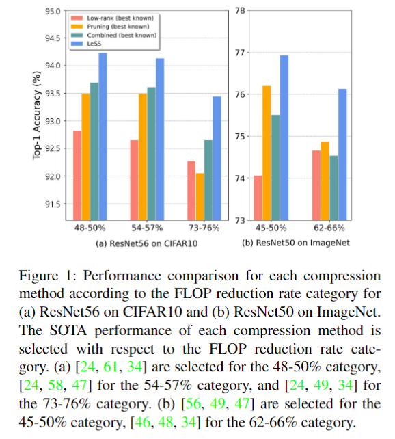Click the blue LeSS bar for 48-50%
103,136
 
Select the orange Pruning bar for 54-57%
143,157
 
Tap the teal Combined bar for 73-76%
208,180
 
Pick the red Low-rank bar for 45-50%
258,198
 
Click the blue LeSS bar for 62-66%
342,155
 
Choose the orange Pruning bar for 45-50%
267,153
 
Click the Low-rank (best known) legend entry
113,18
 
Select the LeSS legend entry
86,44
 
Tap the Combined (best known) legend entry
114,36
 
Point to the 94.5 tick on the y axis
53,38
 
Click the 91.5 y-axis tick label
53,204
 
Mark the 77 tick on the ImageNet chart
241,53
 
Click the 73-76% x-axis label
204,228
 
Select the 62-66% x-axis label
329,228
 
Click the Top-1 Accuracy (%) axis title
36,116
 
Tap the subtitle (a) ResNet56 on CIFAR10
146,243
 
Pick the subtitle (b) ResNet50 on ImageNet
296,243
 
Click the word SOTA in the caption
68,331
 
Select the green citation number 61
110,367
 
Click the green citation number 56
193,403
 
